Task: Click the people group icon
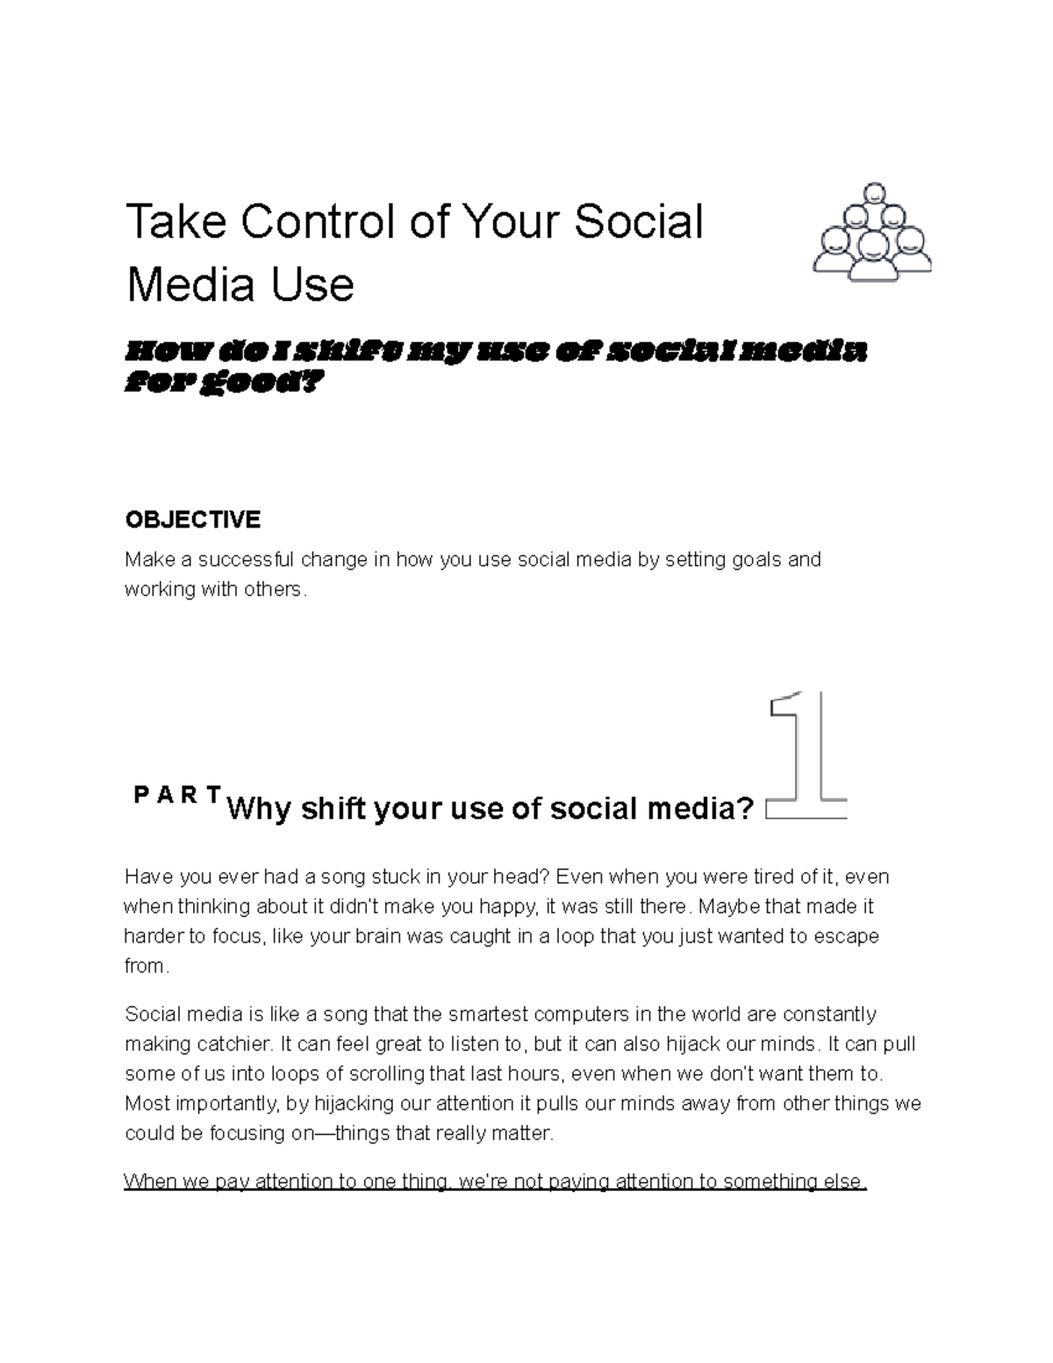tap(872, 233)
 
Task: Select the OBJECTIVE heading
tap(193, 520)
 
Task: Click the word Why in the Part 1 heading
tap(259, 808)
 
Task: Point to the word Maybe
tap(725, 907)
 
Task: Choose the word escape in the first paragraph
tap(846, 936)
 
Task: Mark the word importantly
tap(221, 1104)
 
